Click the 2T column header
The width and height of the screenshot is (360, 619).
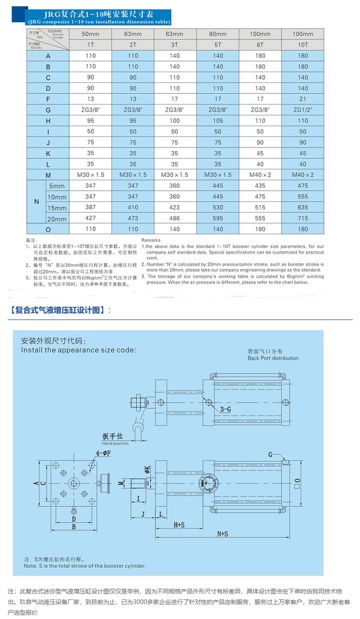133,45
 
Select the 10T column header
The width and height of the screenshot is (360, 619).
302,45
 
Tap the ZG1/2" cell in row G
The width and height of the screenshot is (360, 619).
302,110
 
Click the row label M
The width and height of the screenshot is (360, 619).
48,175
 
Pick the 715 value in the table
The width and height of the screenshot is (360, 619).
302,218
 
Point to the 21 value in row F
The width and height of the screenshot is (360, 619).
302,99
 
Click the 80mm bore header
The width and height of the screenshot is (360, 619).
217,34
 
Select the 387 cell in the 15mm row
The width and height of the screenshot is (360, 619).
90,207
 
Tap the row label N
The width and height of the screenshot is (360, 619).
36,202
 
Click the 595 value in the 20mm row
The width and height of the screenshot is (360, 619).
217,218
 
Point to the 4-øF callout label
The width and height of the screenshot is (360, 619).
103,452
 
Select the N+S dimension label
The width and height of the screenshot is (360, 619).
222,534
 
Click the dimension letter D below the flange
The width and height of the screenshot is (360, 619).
73,519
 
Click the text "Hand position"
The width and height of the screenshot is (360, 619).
115,443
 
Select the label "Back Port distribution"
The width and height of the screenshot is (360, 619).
273,358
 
